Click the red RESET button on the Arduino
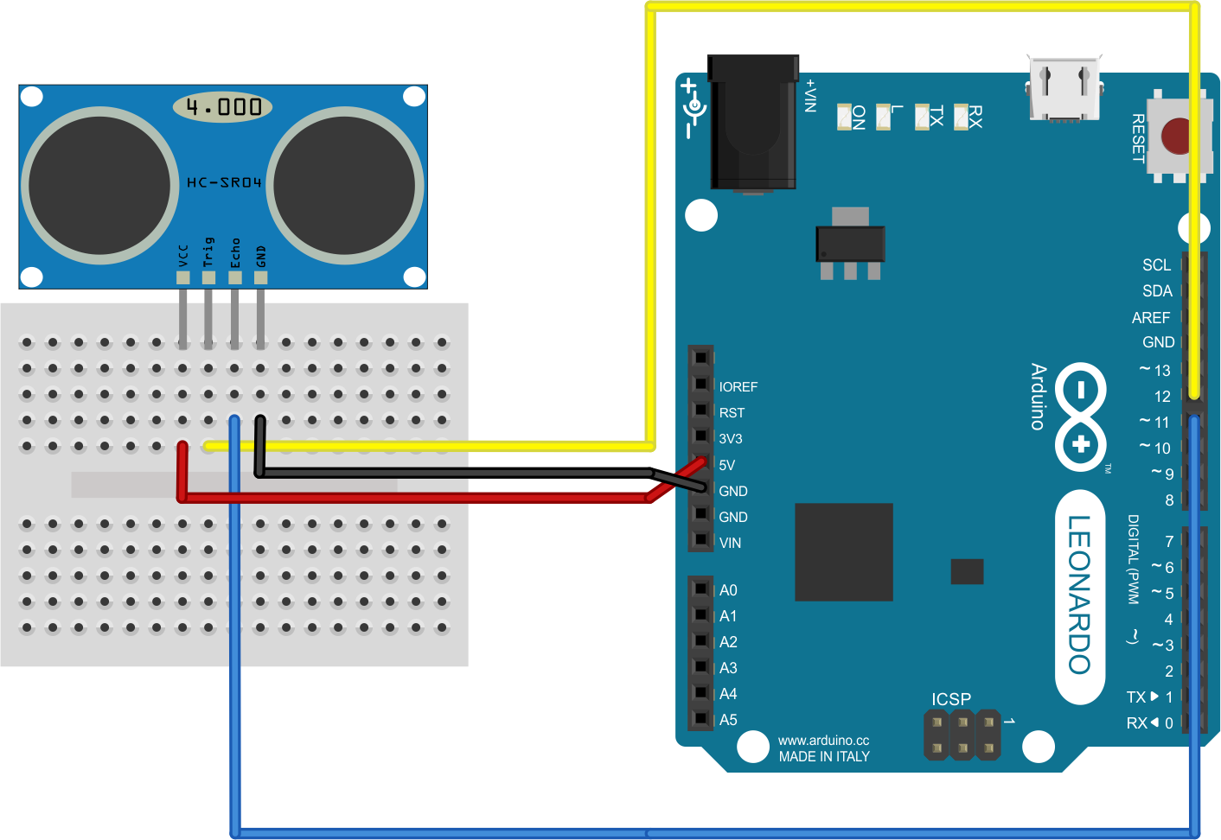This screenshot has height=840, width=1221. (1176, 137)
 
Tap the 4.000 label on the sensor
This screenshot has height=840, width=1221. (223, 107)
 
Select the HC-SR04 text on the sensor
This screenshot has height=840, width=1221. (224, 182)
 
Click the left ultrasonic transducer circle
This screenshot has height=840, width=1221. (99, 185)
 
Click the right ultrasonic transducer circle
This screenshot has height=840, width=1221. (345, 185)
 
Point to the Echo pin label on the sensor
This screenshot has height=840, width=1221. (235, 252)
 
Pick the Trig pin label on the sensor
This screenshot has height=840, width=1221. (208, 251)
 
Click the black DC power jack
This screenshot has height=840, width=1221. (752, 121)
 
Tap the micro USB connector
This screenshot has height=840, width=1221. (1064, 89)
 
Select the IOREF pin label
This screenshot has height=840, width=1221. (738, 387)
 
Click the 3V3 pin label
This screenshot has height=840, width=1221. (731, 439)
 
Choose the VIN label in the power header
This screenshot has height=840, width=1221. (730, 543)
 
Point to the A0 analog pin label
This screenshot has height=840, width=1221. (728, 590)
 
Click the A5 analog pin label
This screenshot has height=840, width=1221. (728, 720)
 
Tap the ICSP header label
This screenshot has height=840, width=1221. (951, 699)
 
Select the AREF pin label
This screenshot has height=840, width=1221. (1150, 318)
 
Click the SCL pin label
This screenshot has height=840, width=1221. (1156, 265)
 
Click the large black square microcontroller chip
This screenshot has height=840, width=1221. (843, 552)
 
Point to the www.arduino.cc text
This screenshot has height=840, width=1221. (823, 741)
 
